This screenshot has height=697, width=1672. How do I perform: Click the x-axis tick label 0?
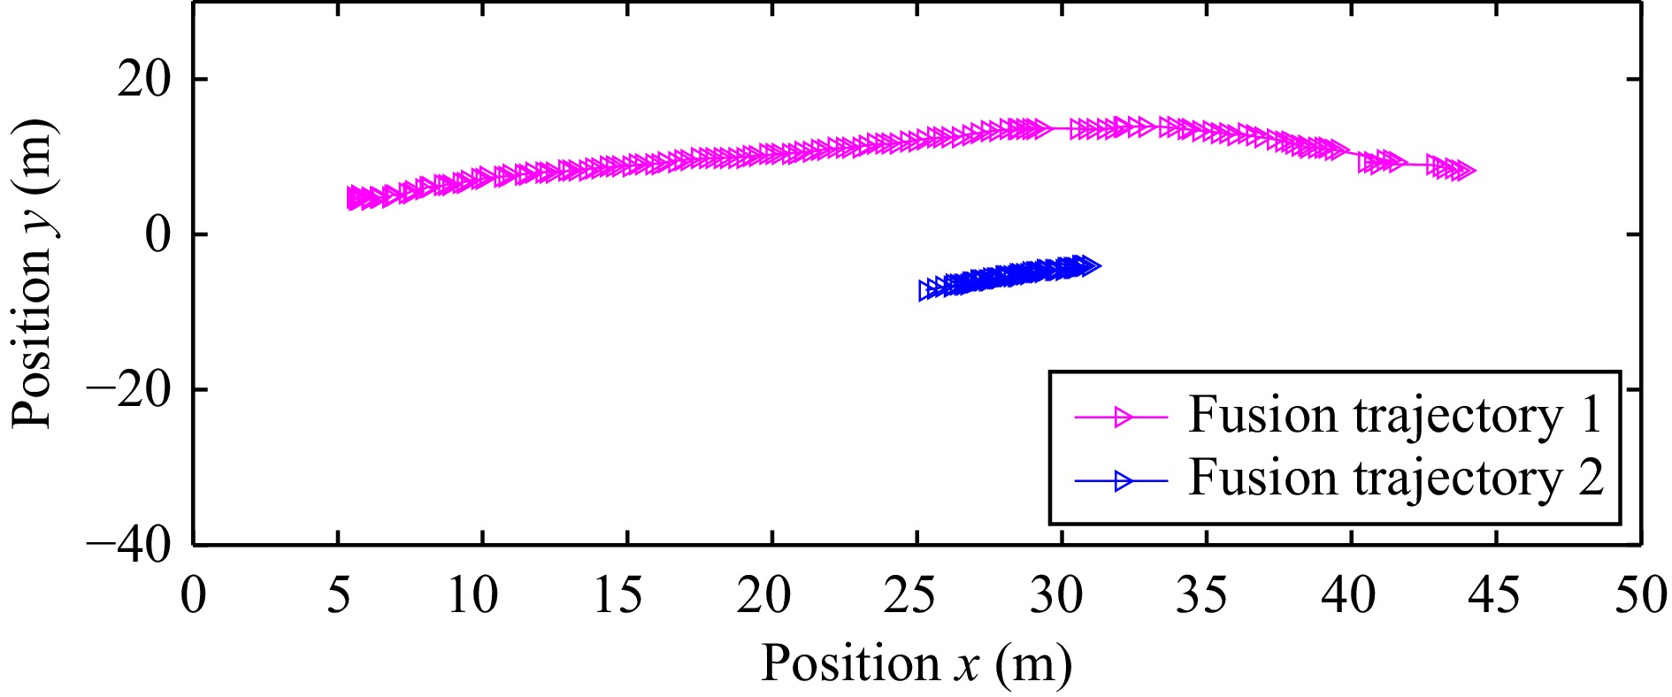pyautogui.click(x=193, y=595)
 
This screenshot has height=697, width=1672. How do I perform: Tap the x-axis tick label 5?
pyautogui.click(x=338, y=595)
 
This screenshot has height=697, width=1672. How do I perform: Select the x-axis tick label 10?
pyautogui.click(x=473, y=595)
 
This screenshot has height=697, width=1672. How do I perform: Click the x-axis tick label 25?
pyautogui.click(x=909, y=595)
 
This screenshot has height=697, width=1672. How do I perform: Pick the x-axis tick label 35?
pyautogui.click(x=1200, y=595)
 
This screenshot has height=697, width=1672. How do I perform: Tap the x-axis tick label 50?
pyautogui.click(x=1639, y=595)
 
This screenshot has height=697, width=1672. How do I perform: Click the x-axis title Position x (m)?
pyautogui.click(x=916, y=663)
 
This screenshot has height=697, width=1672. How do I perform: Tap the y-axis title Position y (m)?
pyautogui.click(x=34, y=274)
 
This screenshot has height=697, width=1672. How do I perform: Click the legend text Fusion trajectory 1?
pyautogui.click(x=1395, y=415)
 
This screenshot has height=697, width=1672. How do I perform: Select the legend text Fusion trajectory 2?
pyautogui.click(x=1395, y=479)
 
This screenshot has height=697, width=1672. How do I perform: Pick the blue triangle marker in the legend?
pyautogui.click(x=1123, y=481)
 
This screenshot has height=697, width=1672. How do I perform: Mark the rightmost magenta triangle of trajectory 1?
pyautogui.click(x=1465, y=171)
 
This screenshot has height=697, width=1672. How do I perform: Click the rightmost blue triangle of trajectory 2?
pyautogui.click(x=1090, y=265)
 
